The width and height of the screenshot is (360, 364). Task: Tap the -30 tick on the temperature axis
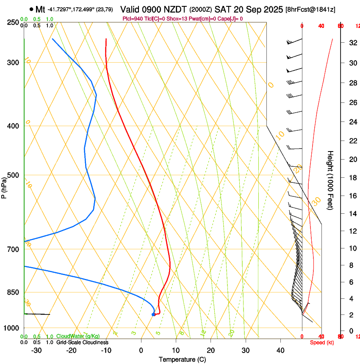[x=37, y=350]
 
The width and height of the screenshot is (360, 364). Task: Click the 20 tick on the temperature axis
[x=210, y=350]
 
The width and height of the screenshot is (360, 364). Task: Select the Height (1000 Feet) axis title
[x=331, y=180]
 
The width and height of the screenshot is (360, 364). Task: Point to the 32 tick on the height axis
[x=352, y=43]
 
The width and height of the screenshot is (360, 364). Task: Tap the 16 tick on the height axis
[x=352, y=196]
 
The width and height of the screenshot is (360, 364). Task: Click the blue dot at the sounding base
[x=153, y=314]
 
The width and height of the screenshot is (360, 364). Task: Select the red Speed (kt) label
[x=322, y=342]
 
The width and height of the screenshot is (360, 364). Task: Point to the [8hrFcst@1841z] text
[x=310, y=10]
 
